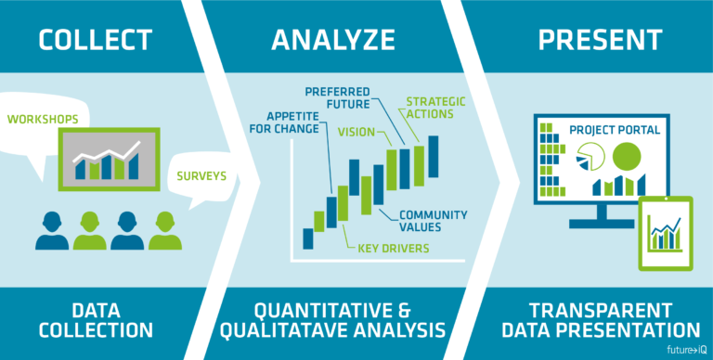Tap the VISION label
[356, 132]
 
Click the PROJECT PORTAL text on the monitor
[620, 130]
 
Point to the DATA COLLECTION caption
[94, 318]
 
